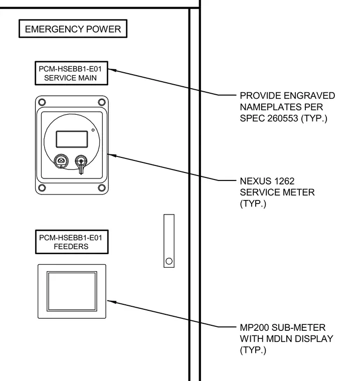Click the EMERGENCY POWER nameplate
point(73,29)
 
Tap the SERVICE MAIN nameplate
point(72,73)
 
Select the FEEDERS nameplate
point(72,242)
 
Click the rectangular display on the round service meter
point(72,139)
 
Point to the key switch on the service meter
point(81,163)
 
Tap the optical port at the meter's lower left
point(61,161)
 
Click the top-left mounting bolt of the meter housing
point(42,102)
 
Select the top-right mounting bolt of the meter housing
point(102,102)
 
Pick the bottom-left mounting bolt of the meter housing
point(42,188)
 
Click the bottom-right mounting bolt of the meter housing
point(102,188)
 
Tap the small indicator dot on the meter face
point(93,130)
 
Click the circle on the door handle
point(169,261)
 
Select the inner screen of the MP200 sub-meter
point(72,291)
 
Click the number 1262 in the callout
point(284,181)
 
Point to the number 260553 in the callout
point(283,118)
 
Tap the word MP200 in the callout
point(254,327)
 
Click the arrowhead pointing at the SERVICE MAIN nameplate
point(112,70)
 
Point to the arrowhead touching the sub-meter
point(112,302)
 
